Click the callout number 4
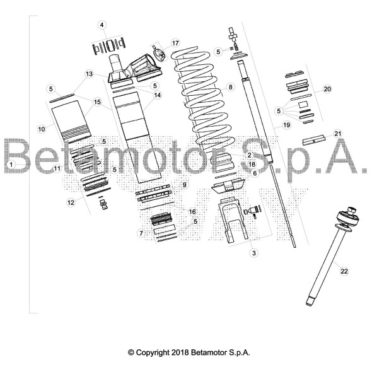point(102,25)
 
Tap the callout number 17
point(175,43)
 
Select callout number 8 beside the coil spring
point(230,87)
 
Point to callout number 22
point(344,271)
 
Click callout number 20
point(327,89)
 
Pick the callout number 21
point(337,134)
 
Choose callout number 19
point(287,125)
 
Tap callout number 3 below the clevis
point(254,253)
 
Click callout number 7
point(141,233)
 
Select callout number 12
point(71,202)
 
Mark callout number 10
point(42,129)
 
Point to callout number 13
point(89,74)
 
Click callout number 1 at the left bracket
point(11,164)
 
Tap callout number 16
point(192,212)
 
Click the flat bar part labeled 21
point(314,140)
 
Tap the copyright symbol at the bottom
point(131,352)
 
